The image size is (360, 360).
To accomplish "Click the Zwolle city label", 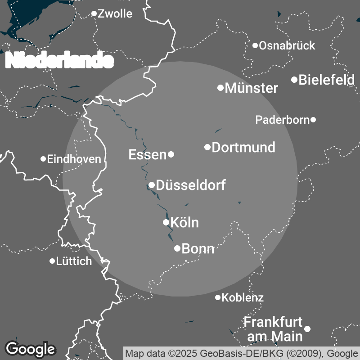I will click(115, 14).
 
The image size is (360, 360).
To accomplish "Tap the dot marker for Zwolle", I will click(94, 13).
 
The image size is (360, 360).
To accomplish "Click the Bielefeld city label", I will click(326, 80).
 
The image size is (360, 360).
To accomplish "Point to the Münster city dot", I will click(220, 88).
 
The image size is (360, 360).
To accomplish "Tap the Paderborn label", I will click(282, 120).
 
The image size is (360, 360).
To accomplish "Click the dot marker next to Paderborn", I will click(313, 120).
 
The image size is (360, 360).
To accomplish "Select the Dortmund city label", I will click(243, 147).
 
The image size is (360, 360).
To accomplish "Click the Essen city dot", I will click(171, 154).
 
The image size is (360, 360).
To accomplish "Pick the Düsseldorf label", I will click(191, 185).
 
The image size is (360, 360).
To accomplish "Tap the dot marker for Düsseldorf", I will click(152, 185).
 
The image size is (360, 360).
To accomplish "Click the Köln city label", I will click(184, 222).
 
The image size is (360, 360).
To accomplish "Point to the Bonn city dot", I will click(177, 248).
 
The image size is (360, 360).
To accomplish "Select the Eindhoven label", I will click(74, 159).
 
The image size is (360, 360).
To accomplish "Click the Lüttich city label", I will click(74, 261).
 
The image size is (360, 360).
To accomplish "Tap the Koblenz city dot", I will click(218, 297).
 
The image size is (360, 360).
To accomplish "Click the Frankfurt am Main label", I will click(273, 329).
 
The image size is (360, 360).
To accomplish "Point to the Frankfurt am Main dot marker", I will click(307, 329).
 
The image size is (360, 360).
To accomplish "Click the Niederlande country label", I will click(59, 60).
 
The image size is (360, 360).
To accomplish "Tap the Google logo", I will click(30, 349).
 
